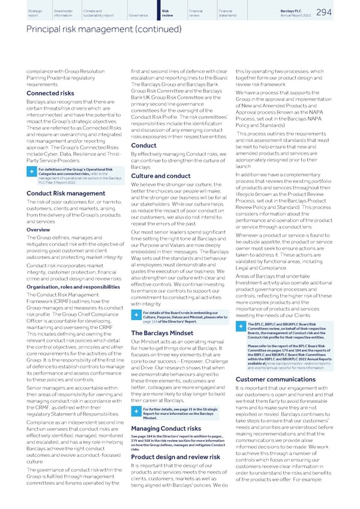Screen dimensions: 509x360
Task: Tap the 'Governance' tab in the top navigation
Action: [137, 15]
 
